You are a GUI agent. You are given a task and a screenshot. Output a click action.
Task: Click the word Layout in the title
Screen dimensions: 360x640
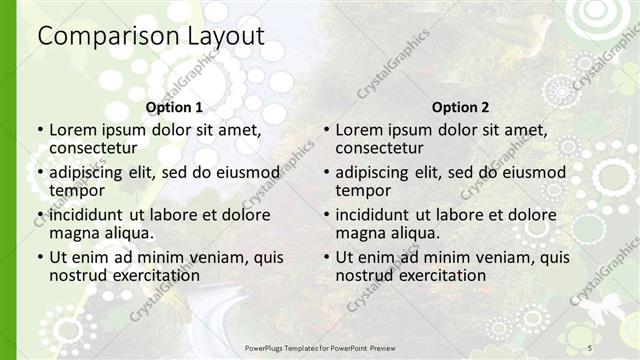click(224, 36)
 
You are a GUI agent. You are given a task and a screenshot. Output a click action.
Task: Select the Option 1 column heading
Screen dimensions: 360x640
click(174, 107)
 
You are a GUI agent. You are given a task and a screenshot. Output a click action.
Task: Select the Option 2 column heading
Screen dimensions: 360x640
click(460, 107)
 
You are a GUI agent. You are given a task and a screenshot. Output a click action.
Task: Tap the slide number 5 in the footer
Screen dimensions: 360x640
click(590, 346)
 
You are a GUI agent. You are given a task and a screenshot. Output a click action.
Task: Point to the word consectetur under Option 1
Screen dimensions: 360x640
click(96, 148)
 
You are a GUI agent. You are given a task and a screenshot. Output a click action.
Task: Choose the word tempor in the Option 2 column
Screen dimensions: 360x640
click(362, 190)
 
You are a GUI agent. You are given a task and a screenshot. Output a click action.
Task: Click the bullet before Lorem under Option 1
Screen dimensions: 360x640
click(40, 130)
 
